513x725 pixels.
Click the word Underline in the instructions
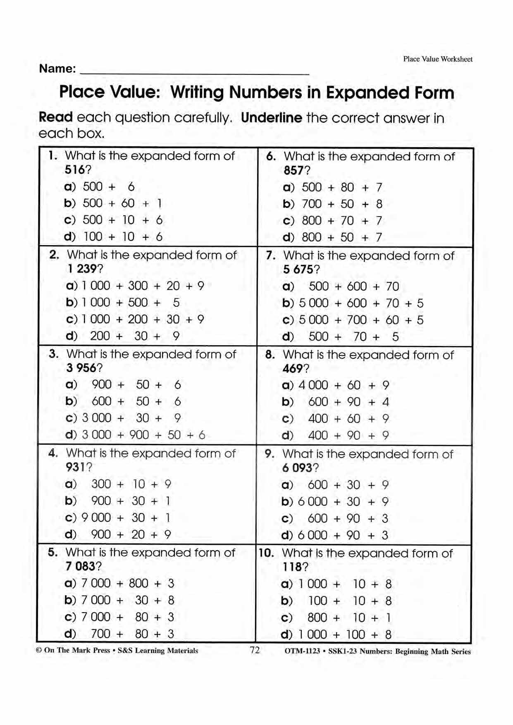pos(272,118)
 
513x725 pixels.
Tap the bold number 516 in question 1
pos(75,170)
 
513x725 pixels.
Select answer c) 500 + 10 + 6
pos(114,220)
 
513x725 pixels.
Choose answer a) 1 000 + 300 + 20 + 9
pos(135,286)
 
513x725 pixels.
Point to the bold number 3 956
pos(81,368)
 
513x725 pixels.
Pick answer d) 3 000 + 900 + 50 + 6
pos(135,435)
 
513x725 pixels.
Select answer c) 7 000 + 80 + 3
pos(119,617)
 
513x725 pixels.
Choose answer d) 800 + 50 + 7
pos(332,237)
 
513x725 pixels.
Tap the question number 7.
pos(271,255)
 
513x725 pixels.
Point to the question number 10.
pos(266,553)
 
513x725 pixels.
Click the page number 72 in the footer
pos(255,650)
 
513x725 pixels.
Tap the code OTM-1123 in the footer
pos(302,651)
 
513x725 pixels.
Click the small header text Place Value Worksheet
pos(438,59)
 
